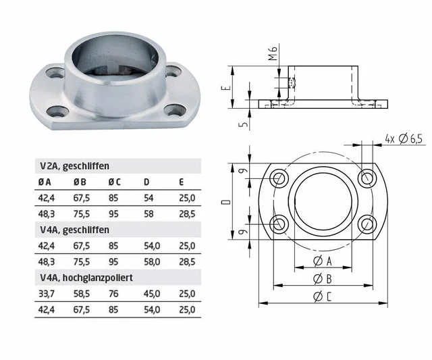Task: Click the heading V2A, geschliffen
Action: click(74, 165)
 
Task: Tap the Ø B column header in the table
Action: click(79, 182)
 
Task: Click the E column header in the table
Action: click(182, 182)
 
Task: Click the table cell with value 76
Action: click(113, 294)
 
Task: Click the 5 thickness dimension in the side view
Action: click(248, 123)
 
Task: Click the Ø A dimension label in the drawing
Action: click(323, 261)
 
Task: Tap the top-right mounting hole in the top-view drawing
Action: click(368, 178)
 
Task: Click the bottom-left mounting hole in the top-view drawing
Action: click(279, 224)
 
